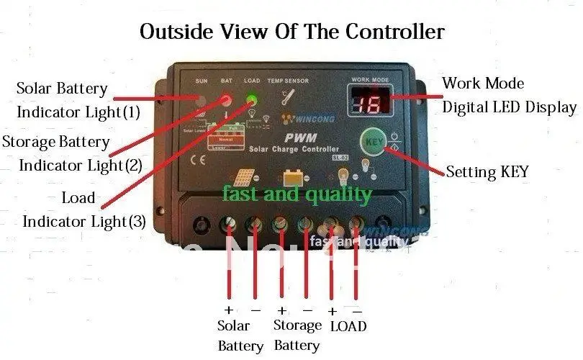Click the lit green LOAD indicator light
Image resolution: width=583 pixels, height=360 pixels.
(253, 100)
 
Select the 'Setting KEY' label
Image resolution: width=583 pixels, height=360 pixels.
(487, 171)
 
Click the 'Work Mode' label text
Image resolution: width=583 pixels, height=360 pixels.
(483, 83)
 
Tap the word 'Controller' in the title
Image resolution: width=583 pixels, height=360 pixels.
(394, 32)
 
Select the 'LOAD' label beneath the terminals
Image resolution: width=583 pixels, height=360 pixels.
(348, 326)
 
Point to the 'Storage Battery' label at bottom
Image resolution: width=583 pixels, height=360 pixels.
(297, 336)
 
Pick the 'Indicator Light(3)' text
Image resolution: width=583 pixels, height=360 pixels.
(84, 221)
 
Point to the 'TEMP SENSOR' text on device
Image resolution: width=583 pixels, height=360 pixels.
(289, 81)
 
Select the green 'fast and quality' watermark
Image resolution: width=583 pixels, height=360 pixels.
(297, 194)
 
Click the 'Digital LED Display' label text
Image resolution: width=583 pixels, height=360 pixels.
(509, 107)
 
